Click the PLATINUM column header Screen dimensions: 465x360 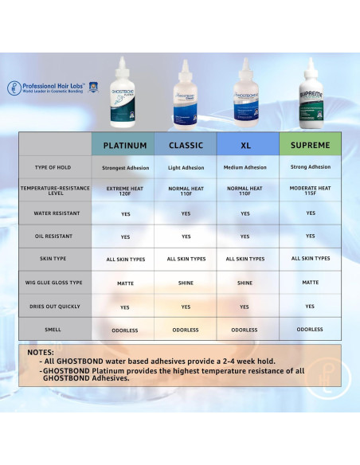[125, 146]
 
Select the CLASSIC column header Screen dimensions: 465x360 [186, 146]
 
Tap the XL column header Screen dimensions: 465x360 [245, 146]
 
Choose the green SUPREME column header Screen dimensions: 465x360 [310, 145]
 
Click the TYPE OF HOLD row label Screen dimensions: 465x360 [55, 168]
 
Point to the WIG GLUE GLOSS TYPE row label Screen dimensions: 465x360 [55, 283]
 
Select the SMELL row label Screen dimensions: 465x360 [55, 330]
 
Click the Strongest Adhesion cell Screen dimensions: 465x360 [125, 168]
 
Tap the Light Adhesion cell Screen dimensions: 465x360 [186, 167]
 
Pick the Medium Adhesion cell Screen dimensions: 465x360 [245, 167]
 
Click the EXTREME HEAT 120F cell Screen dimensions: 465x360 [125, 191]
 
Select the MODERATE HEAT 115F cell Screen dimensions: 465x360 [310, 190]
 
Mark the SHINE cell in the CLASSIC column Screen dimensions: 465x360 [186, 283]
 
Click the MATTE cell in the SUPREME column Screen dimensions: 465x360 [310, 282]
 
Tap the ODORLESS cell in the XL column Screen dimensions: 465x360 [245, 330]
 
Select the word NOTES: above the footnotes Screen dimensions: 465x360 [41, 351]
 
